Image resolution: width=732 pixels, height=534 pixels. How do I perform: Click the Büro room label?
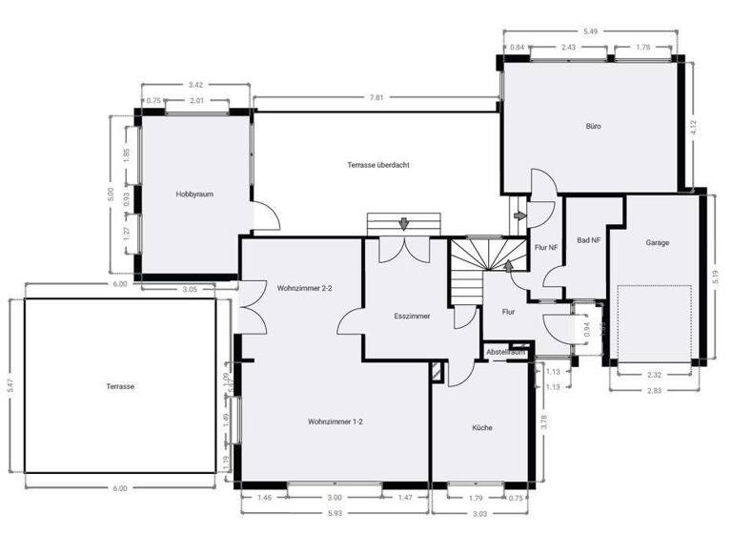point(593,126)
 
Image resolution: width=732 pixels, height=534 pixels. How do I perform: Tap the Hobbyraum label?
point(193,195)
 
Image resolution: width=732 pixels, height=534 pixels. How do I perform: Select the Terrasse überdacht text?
point(378,165)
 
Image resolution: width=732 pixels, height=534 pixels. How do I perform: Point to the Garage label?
point(657,242)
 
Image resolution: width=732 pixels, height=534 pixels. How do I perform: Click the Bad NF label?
point(588,240)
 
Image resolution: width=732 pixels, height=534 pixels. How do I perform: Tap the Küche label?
point(482,427)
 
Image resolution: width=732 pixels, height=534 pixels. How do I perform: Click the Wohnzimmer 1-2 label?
point(334,421)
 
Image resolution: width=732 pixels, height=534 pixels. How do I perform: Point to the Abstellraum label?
point(506,352)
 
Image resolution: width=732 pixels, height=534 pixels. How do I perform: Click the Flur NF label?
point(546,248)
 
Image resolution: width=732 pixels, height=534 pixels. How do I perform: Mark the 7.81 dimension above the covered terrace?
point(376,97)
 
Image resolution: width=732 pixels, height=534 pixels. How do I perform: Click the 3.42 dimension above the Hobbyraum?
point(195,85)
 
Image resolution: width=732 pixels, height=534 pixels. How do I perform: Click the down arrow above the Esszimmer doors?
point(404,224)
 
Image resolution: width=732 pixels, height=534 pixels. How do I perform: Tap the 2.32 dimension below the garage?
point(654,374)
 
